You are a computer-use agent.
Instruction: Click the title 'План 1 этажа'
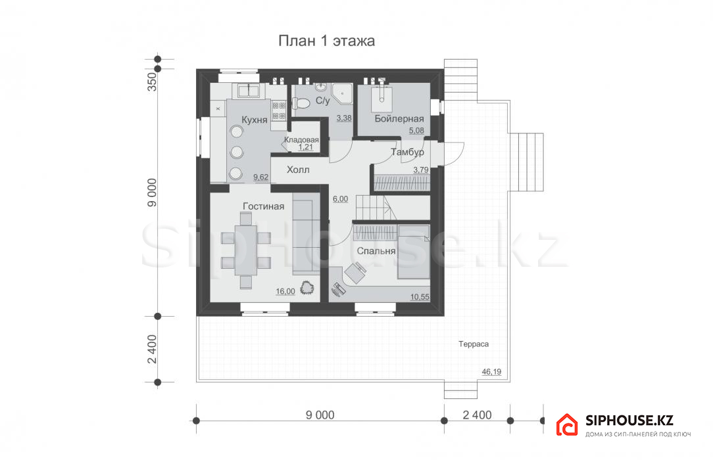point(326,41)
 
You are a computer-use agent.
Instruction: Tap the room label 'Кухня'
point(254,120)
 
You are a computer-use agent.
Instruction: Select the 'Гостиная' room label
point(263,206)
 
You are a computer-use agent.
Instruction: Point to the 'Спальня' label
point(376,251)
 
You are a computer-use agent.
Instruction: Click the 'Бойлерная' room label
point(399,119)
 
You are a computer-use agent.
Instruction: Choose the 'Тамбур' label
point(407,152)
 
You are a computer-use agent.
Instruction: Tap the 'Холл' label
point(298,170)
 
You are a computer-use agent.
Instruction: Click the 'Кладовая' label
point(301,140)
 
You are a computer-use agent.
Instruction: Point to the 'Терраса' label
point(474,344)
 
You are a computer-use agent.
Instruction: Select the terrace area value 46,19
point(491,372)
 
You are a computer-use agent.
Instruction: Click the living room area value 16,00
point(285,292)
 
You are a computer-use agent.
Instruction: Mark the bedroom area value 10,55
point(420,298)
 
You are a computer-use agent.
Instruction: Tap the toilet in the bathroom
point(301,104)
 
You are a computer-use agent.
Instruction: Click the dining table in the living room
point(246,250)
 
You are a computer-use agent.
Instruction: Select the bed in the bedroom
point(413,252)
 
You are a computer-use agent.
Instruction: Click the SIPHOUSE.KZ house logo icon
point(567,425)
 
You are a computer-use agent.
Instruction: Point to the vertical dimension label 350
point(153,82)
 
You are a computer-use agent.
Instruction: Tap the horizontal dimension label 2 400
point(477,415)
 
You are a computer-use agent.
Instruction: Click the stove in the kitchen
point(279,111)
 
